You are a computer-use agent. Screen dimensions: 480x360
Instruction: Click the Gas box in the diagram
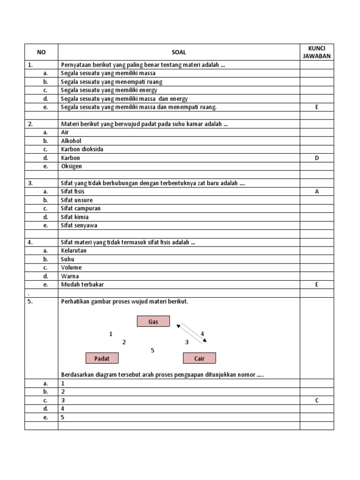153,322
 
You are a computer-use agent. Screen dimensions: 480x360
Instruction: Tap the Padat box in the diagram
102,359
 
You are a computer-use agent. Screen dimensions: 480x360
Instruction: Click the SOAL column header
179,52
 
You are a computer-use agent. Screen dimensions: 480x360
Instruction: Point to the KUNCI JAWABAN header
317,52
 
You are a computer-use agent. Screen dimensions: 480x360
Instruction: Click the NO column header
41,52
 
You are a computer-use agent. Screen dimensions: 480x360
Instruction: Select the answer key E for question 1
317,107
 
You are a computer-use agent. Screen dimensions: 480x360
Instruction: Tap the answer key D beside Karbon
317,158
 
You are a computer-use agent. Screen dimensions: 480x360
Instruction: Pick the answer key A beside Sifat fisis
317,192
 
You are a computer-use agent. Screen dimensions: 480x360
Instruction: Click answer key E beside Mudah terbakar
317,285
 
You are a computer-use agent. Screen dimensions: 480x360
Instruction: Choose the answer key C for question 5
317,400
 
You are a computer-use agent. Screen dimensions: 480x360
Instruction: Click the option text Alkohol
71,141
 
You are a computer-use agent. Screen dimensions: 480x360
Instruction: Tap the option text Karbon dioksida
82,149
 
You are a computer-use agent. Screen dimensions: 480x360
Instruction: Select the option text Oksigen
71,166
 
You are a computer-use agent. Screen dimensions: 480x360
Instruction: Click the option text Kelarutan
74,250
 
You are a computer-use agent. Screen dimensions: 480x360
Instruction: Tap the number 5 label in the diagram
152,350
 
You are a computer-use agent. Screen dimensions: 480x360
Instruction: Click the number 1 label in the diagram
111,334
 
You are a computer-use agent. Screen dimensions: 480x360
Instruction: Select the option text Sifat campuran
81,209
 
